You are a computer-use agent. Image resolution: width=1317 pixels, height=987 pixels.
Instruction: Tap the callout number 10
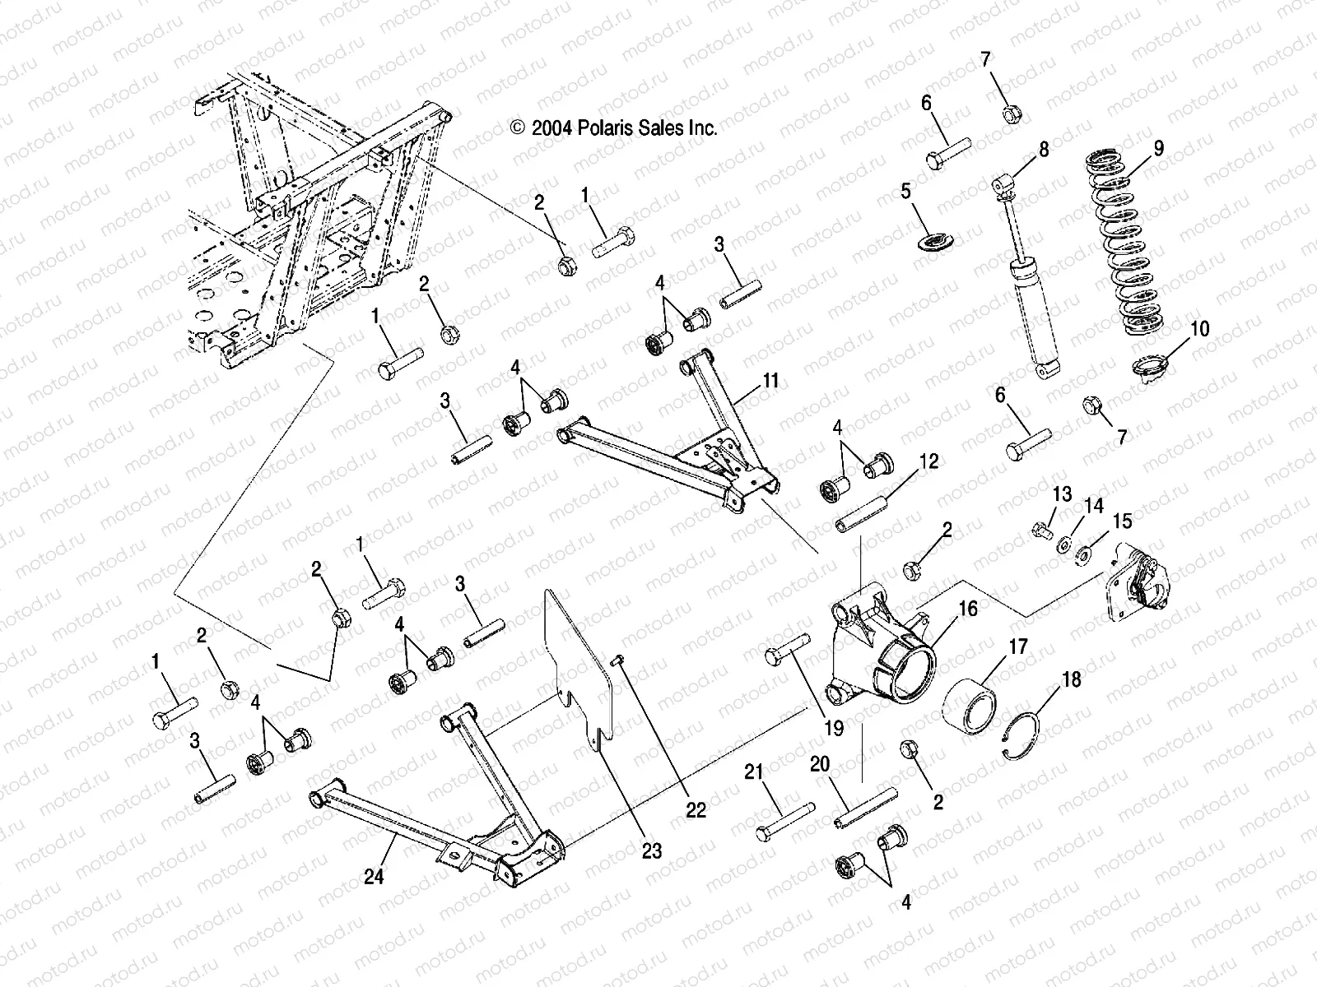tap(1199, 329)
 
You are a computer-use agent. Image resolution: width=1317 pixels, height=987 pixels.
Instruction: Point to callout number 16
tap(968, 609)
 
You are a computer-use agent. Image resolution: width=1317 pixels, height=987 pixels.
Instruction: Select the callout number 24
tap(375, 878)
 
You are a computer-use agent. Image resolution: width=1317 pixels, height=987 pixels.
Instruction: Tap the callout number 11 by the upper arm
tap(770, 382)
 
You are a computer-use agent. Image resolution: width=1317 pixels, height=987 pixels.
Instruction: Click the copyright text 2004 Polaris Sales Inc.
tap(614, 127)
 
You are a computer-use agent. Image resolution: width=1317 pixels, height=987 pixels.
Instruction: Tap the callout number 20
tap(819, 765)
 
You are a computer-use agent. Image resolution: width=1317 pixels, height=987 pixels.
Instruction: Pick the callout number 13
tap(1062, 493)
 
